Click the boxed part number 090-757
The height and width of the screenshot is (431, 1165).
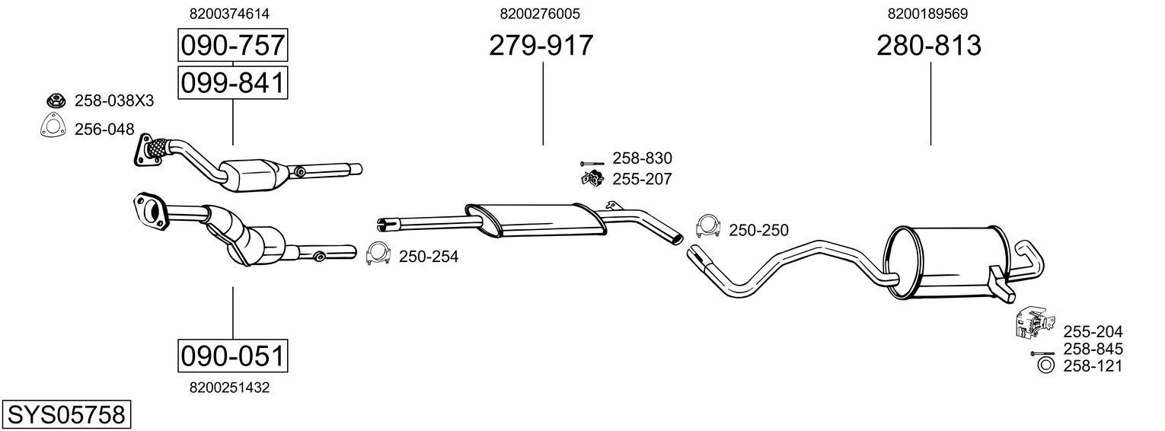(232, 46)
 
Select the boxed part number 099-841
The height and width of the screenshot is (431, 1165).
(232, 82)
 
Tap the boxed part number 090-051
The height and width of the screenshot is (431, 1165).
(232, 356)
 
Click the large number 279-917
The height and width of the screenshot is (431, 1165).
(541, 46)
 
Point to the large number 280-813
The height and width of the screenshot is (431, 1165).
(929, 46)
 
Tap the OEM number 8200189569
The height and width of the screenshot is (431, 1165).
(927, 14)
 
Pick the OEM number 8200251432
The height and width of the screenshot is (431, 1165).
(229, 388)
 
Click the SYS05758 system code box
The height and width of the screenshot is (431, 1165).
(65, 415)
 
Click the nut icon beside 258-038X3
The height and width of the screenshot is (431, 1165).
(55, 100)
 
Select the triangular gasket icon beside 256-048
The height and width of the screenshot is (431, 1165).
(53, 127)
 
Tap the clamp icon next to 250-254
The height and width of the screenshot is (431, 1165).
(378, 254)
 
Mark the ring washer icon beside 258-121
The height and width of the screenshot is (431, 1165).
(1046, 366)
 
